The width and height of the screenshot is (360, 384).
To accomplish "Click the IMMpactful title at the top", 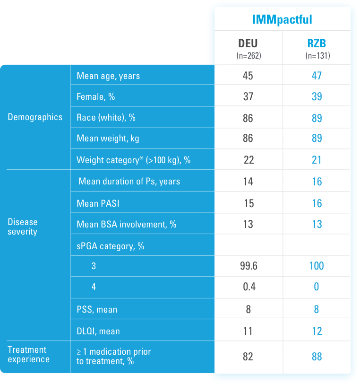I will [282, 19].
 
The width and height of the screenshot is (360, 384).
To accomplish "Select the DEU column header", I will [248, 44].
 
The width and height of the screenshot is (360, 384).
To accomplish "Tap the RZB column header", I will [317, 44].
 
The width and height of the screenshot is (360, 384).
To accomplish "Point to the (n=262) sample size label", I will [249, 55].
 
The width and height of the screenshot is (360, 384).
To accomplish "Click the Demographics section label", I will [35, 117].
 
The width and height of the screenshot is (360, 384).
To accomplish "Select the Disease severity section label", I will [23, 227].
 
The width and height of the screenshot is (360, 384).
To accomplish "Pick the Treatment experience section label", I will [29, 355].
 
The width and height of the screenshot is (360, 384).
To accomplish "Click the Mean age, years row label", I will [108, 76].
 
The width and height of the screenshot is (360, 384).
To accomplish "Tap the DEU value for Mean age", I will [248, 76].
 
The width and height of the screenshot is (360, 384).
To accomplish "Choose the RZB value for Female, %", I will [317, 96].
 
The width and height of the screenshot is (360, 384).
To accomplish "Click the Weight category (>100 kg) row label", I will [134, 160].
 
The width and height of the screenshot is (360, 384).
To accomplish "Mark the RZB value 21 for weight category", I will [317, 160].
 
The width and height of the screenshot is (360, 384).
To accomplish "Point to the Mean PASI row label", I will [97, 203].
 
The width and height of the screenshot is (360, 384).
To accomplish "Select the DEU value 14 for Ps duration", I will [248, 182].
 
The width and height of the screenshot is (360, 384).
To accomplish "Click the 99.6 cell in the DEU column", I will [249, 266].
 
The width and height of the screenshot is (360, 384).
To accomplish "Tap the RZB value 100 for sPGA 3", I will [317, 266].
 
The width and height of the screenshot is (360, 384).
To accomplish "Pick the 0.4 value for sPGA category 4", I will [248, 287].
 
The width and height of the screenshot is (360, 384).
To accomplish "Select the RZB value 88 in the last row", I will [317, 356].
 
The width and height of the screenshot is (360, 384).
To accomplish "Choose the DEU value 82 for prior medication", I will [248, 356].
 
